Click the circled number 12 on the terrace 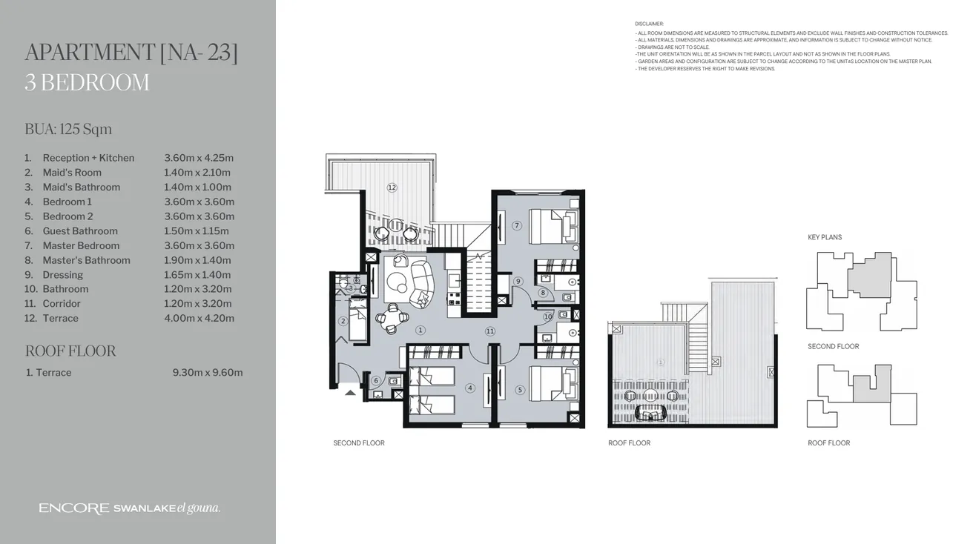tap(392, 188)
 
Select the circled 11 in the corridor tap(489, 331)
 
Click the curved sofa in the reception tap(423, 283)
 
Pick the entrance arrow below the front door tap(350, 392)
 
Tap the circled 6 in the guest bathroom tap(376, 381)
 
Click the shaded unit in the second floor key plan tap(870, 274)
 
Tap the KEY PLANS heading tap(825, 237)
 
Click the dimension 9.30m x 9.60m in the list tap(207, 373)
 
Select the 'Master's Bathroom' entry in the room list tap(86, 260)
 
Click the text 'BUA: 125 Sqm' tap(68, 129)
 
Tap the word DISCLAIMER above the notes tap(650, 24)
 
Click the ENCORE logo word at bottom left tap(74, 508)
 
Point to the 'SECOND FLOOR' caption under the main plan tap(359, 443)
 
